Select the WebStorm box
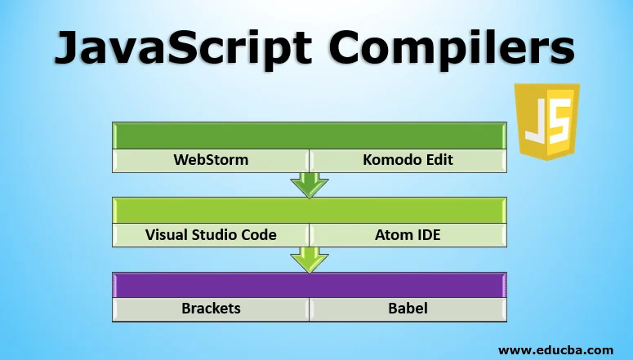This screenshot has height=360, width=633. tap(210, 159)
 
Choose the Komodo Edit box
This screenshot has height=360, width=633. tap(408, 159)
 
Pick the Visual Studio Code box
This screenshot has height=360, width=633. tap(211, 234)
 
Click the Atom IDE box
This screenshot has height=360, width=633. tap(408, 234)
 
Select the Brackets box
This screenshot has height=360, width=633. tap(210, 309)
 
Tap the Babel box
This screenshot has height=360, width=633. tap(408, 309)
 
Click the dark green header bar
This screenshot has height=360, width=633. tap(309, 135)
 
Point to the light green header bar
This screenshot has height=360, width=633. tap(309, 210)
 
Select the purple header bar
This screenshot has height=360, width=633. tap(309, 284)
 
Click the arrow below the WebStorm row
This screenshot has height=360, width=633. tap(310, 184)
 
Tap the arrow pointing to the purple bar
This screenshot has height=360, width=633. tap(310, 259)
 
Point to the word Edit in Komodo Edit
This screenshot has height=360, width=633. tap(438, 159)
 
